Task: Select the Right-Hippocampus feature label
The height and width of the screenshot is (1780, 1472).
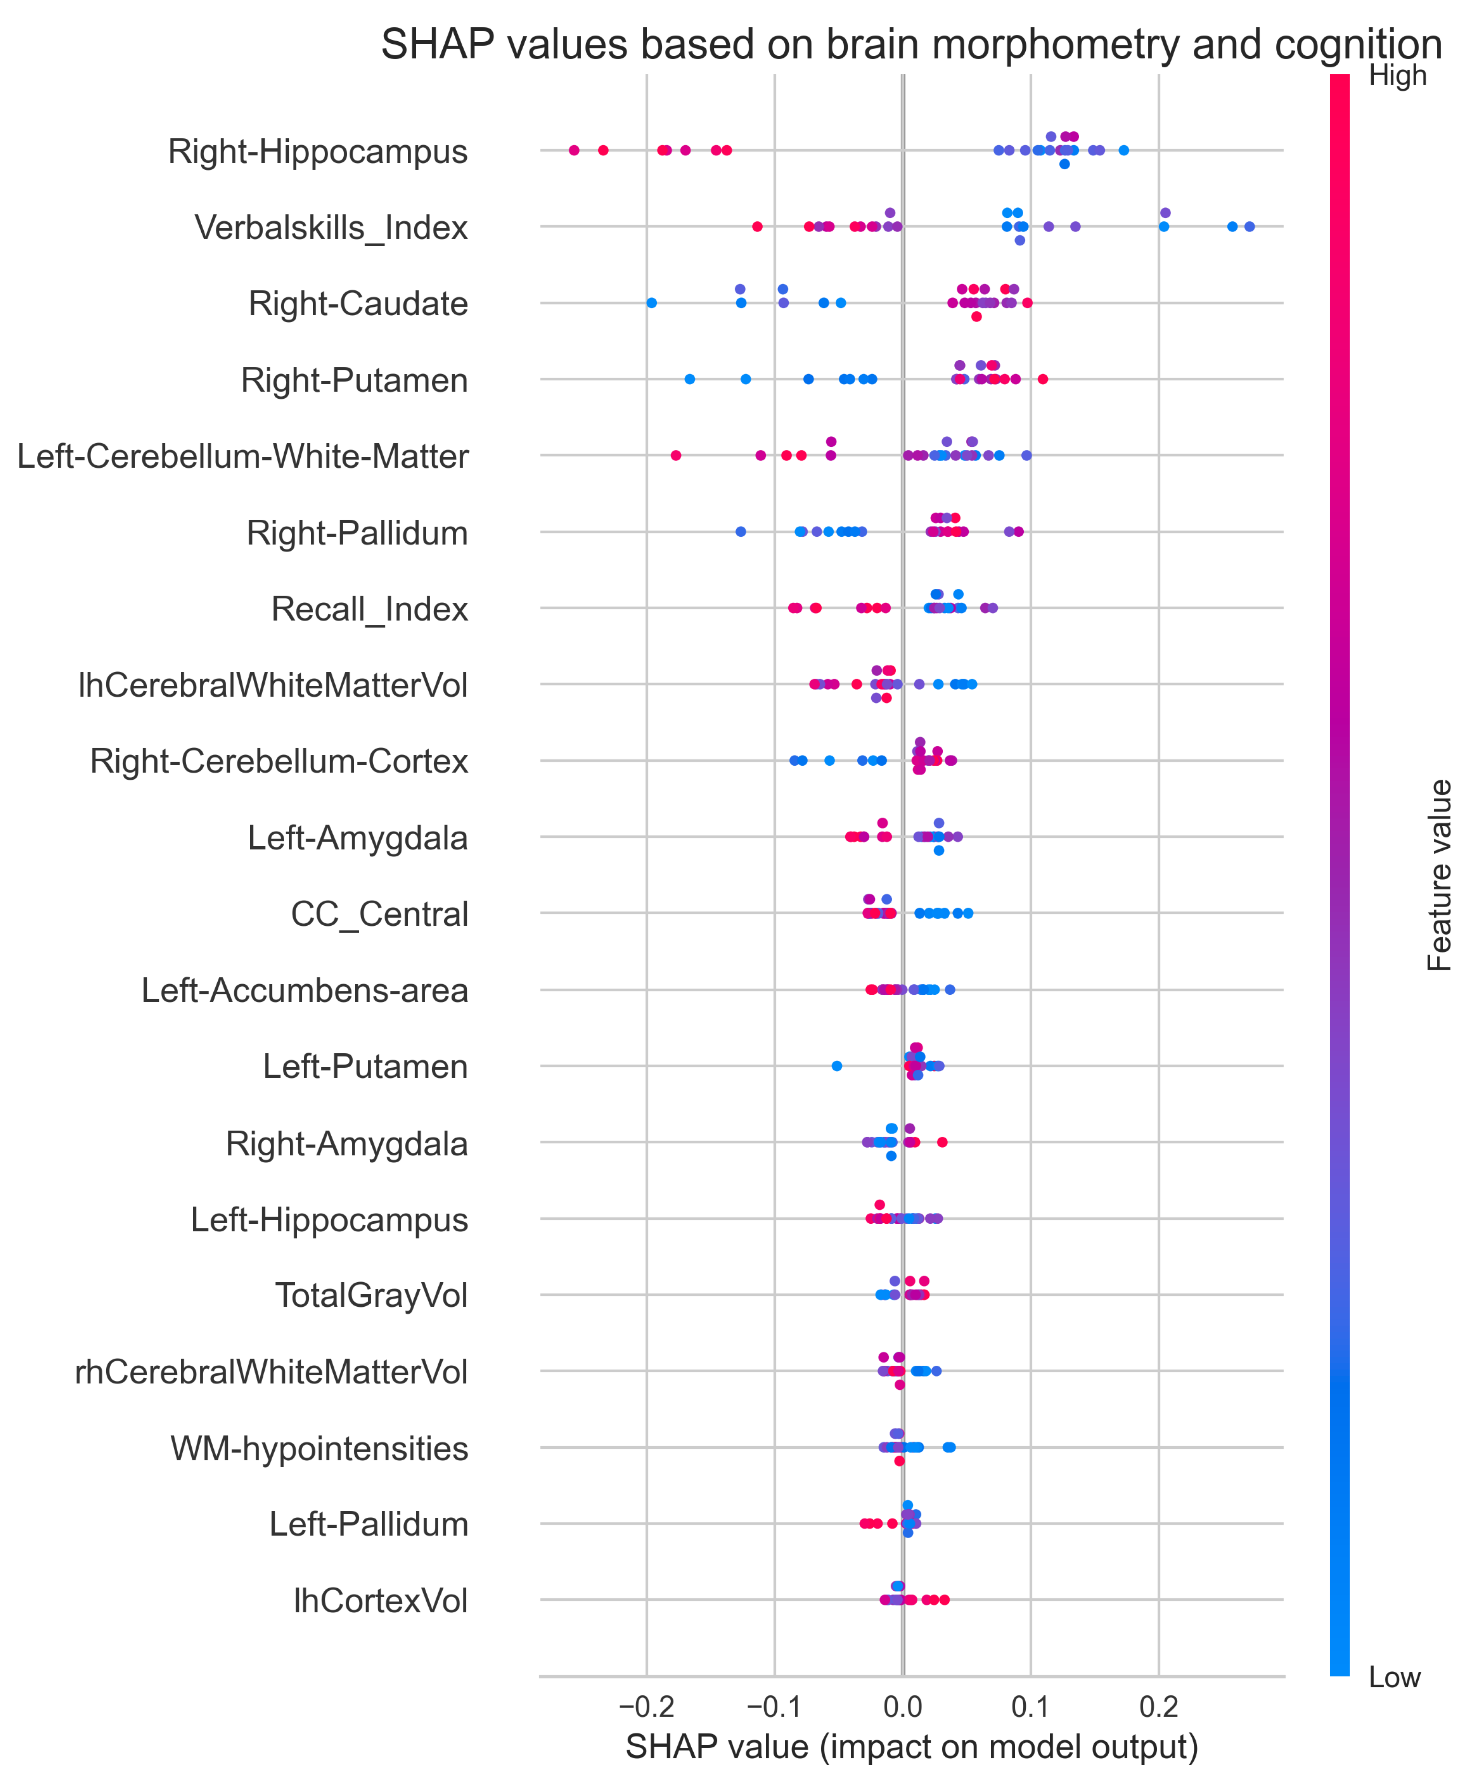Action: [318, 152]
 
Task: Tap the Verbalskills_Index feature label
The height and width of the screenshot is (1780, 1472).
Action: [331, 228]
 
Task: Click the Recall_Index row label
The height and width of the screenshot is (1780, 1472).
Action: [369, 609]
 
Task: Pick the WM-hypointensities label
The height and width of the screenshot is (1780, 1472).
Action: [320, 1449]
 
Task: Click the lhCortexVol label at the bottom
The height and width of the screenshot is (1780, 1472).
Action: [381, 1601]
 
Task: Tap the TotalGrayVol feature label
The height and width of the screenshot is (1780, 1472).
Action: [371, 1296]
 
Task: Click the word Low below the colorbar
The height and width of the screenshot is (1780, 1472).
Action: [1394, 1677]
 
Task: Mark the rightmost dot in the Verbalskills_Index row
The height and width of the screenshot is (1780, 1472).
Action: [1249, 226]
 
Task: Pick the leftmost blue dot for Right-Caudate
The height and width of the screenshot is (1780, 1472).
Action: [651, 302]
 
